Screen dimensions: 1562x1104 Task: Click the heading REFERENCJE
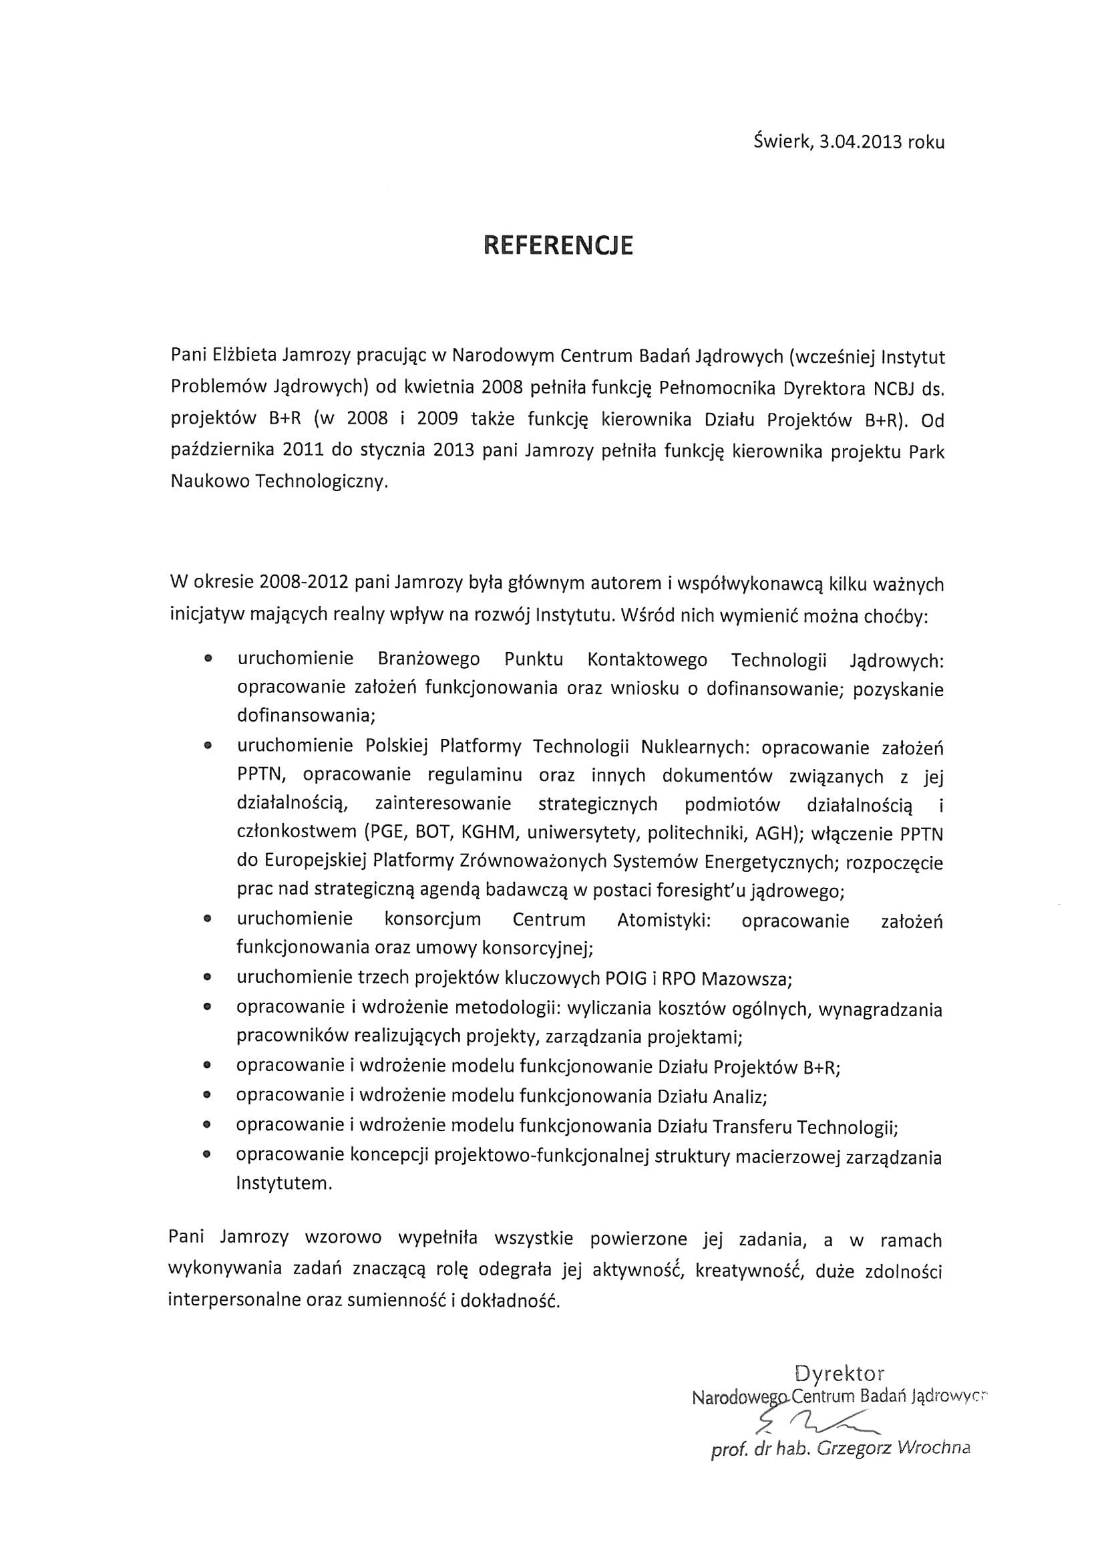558,246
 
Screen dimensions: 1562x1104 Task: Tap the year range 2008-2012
303,583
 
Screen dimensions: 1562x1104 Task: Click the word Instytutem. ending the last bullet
285,1183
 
